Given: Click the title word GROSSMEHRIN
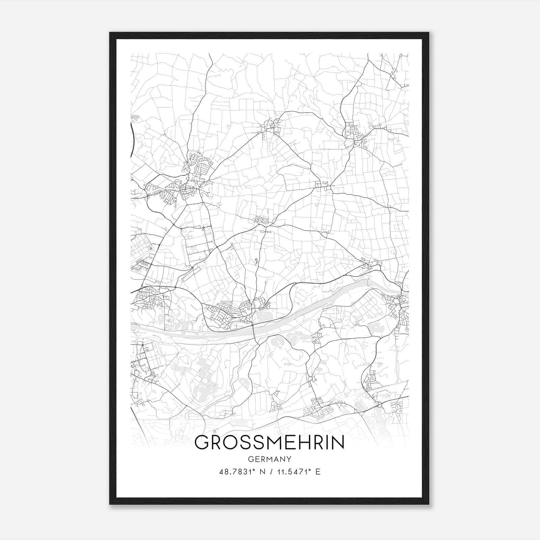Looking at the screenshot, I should [269, 443].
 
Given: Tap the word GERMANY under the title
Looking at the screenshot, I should [269, 459].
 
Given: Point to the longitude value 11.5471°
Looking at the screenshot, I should [294, 471].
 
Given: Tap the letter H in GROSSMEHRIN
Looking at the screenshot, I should [306, 443].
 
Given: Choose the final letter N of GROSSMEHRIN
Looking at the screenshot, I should [338, 443].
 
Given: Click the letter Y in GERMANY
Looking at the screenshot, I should [289, 459].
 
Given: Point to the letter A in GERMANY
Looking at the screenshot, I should [275, 459].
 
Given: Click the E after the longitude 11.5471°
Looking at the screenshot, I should [318, 471].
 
